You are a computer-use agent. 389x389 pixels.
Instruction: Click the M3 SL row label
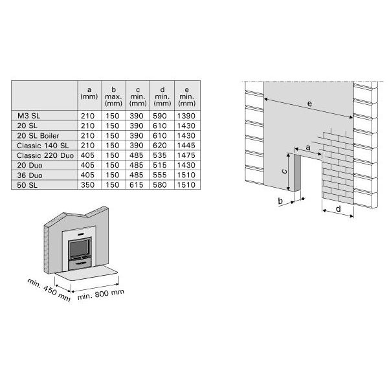click(28, 116)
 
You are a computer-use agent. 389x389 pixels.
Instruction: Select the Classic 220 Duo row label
click(45, 155)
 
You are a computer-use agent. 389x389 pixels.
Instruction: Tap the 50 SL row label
click(27, 185)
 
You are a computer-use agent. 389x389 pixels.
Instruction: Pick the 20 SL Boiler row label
click(38, 136)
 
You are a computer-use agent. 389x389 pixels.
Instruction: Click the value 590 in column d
click(159, 116)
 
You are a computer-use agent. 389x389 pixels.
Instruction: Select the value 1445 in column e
click(186, 146)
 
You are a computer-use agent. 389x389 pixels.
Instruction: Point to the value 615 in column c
click(137, 185)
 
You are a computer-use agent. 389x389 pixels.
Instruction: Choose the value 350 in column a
click(87, 185)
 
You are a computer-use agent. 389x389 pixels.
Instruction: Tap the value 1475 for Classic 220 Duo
click(186, 155)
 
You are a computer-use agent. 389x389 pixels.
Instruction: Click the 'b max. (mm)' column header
click(113, 96)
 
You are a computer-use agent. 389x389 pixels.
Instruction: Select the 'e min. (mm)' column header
click(187, 96)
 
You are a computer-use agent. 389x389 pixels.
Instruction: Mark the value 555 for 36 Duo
click(159, 175)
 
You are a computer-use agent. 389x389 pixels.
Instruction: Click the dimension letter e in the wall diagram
click(309, 104)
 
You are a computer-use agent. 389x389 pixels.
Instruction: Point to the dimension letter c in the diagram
click(285, 171)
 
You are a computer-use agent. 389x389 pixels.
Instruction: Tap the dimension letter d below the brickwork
click(338, 209)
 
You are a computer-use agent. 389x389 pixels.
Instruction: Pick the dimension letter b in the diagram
click(280, 201)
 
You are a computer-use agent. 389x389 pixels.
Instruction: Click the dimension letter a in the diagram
click(308, 148)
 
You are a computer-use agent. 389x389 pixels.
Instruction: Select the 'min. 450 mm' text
click(49, 289)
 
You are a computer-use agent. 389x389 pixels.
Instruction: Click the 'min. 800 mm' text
click(101, 295)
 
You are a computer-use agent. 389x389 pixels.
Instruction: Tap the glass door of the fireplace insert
click(79, 249)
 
